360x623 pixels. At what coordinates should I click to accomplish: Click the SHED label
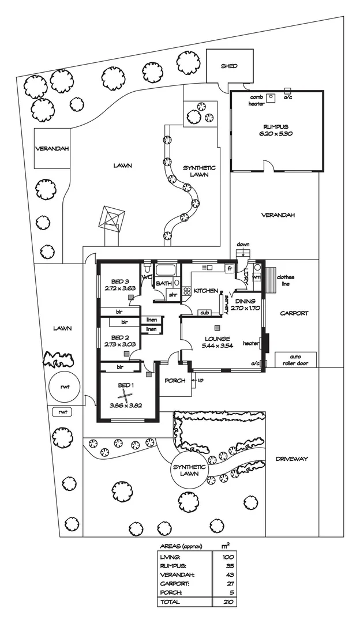[229, 66]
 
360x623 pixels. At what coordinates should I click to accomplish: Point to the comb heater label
[256, 101]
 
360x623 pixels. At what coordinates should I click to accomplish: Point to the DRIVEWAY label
[291, 459]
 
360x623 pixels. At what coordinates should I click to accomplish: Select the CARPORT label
[294, 313]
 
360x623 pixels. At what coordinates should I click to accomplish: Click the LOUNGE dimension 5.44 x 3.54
[217, 345]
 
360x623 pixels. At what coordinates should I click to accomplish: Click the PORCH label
[175, 380]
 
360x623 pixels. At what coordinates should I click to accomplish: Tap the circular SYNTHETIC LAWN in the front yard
[189, 470]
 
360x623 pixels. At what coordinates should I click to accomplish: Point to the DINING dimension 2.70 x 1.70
[246, 308]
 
